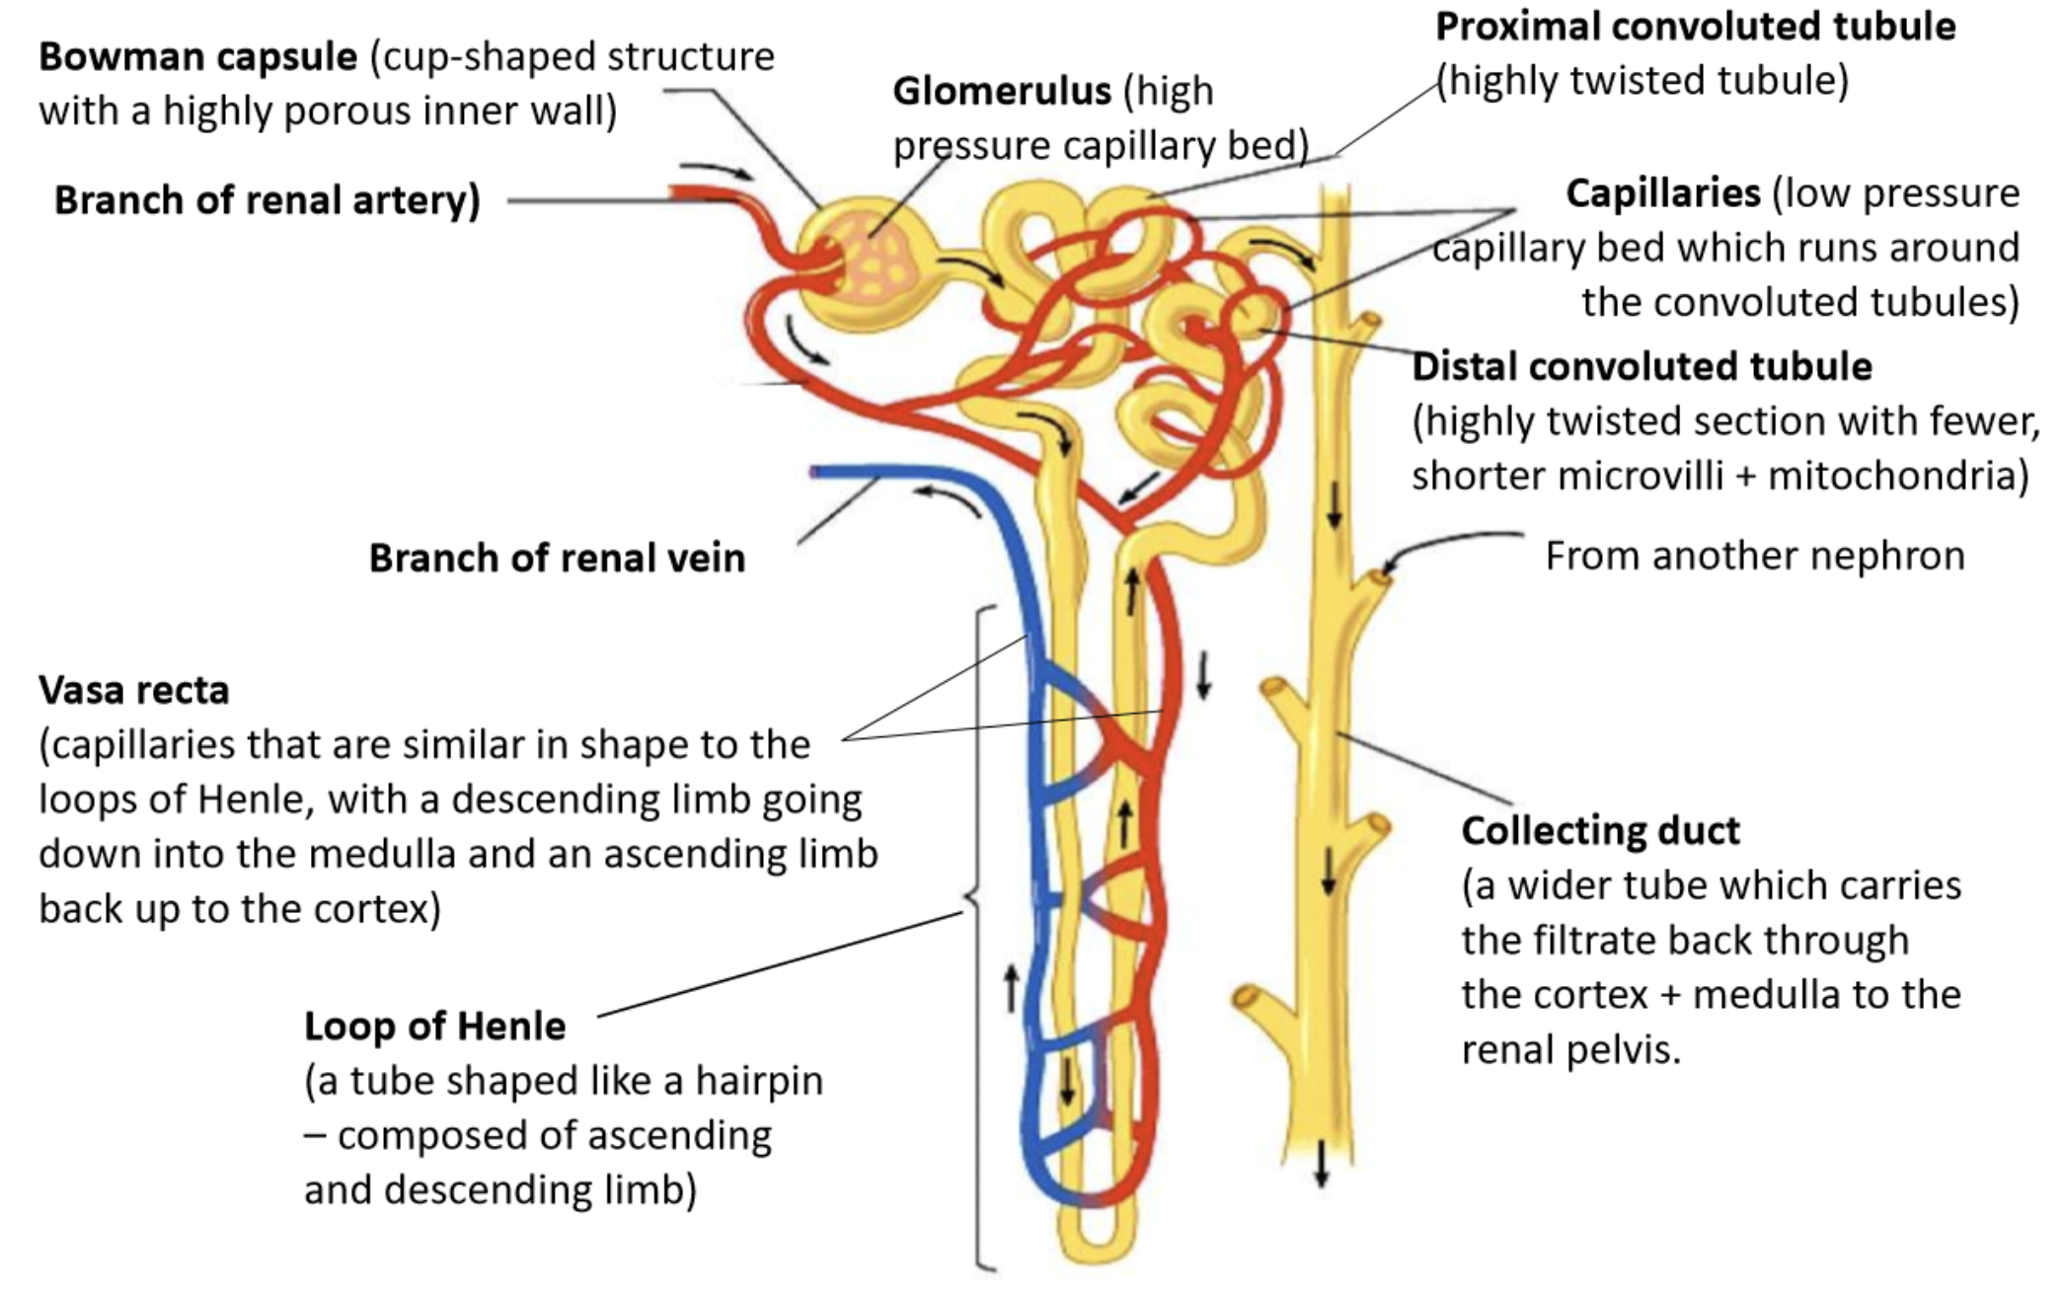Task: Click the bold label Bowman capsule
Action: coord(197,57)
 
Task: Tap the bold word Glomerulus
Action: coord(1002,91)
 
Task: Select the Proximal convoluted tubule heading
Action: coord(1695,27)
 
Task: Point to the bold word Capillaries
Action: coord(1663,193)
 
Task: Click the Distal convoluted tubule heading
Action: coord(1643,366)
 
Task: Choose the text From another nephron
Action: coord(1755,556)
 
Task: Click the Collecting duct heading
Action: coord(1600,831)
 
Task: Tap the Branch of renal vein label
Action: coord(557,559)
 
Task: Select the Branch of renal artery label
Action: coord(267,200)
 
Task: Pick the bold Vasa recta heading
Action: coord(134,690)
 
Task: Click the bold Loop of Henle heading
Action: coord(434,1027)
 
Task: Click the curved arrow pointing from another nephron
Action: coord(1451,548)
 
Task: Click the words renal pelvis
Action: coord(1570,1050)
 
